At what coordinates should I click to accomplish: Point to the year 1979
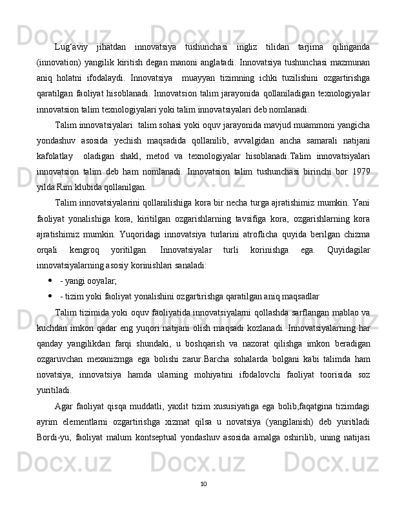pos(360,174)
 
